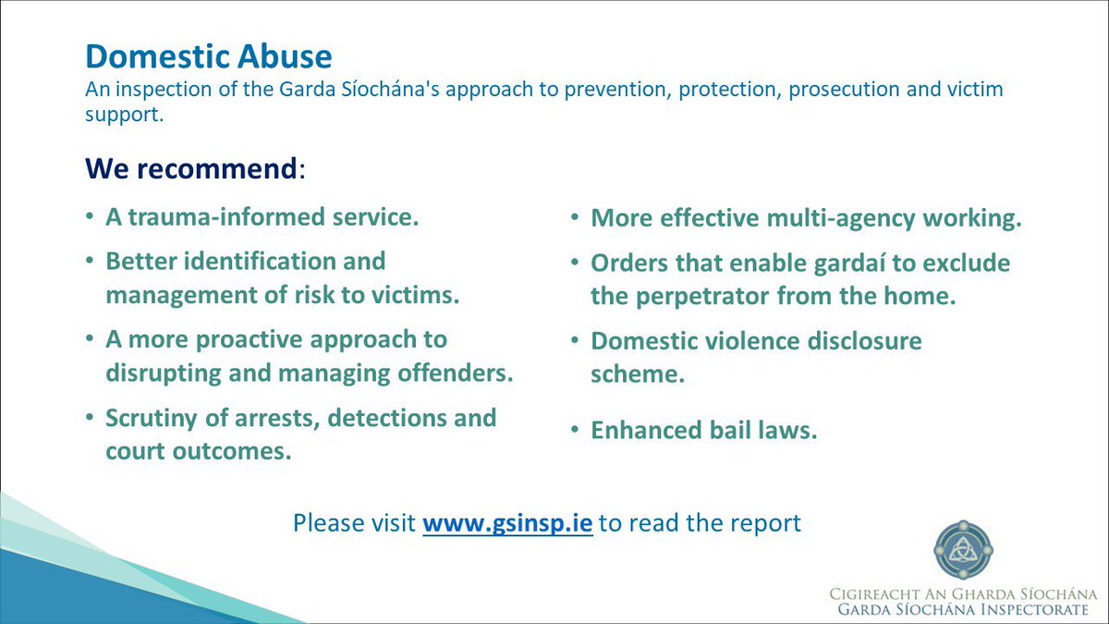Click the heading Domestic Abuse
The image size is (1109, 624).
208,56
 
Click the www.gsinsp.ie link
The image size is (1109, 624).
507,522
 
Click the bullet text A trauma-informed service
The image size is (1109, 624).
262,218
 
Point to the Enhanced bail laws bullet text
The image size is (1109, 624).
704,430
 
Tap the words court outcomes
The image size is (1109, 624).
198,453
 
